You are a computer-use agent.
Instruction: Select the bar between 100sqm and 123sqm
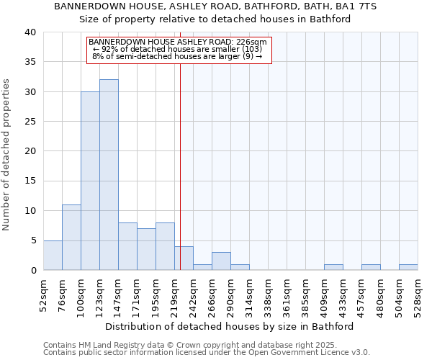point(90,181)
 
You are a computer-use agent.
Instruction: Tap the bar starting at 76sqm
point(71,238)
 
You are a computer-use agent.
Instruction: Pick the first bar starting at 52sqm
point(53,256)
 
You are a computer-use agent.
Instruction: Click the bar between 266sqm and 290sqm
point(221,261)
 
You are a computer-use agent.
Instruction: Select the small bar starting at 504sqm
point(408,267)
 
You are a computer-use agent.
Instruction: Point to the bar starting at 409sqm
point(333,267)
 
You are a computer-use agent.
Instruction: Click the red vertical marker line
point(180,158)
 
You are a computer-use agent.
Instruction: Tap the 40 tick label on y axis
point(30,32)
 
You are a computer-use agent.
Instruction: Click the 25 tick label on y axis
point(30,122)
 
